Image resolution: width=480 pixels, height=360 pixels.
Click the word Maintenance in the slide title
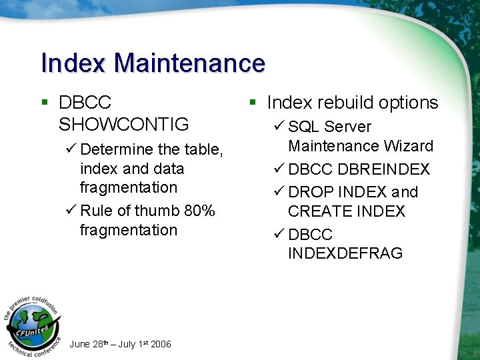point(189,63)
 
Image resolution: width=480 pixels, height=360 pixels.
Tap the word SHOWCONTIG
point(124,125)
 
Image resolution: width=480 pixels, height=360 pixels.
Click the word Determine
point(117,149)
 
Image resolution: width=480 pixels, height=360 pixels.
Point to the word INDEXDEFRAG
point(345,253)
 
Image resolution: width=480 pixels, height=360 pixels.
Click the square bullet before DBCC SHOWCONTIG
point(45,103)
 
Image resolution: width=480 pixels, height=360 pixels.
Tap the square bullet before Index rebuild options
point(253,103)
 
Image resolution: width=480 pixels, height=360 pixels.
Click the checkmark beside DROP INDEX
point(279,193)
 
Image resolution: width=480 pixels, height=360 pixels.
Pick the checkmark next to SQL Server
point(279,127)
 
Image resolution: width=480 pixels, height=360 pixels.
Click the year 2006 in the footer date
point(161,345)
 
